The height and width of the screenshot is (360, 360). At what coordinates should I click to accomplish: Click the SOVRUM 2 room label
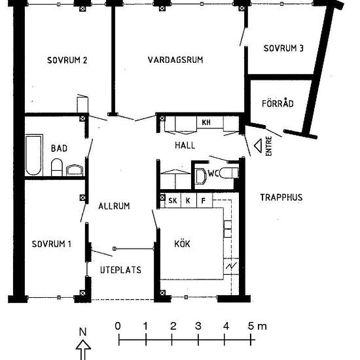[67, 60]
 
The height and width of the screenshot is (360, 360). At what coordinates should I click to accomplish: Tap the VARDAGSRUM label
[175, 60]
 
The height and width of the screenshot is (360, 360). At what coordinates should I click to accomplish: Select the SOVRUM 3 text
[283, 48]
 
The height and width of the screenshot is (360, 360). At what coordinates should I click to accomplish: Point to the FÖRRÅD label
[278, 103]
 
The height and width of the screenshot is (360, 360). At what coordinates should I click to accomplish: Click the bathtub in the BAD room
[34, 155]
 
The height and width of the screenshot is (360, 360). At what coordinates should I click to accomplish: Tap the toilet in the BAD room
[57, 167]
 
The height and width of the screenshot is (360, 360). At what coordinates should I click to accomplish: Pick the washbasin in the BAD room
[75, 170]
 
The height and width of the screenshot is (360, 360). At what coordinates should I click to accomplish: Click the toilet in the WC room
[229, 173]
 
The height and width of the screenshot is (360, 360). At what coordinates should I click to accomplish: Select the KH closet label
[206, 122]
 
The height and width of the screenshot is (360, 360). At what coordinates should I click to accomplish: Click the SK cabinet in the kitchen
[173, 201]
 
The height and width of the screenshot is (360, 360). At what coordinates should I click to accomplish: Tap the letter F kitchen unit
[204, 201]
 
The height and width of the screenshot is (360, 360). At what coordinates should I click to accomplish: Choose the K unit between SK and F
[188, 201]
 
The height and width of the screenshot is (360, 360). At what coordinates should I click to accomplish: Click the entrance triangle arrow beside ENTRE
[258, 145]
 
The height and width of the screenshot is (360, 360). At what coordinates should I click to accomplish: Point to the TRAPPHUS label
[281, 197]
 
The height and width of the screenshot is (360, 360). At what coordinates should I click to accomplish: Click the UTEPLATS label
[120, 270]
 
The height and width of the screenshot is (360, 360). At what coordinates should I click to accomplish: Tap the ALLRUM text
[114, 206]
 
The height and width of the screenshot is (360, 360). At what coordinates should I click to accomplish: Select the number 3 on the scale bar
[198, 326]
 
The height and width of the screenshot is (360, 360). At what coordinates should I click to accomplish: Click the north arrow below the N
[83, 350]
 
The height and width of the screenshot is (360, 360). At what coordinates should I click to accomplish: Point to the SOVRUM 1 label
[52, 244]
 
